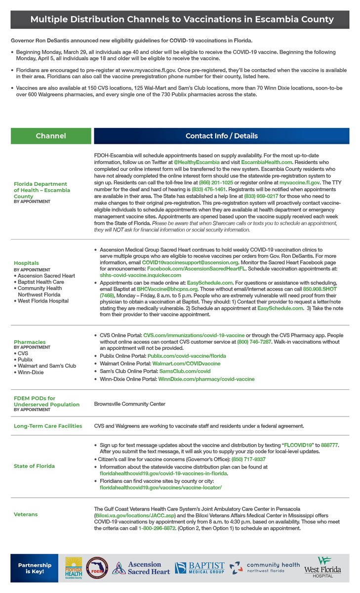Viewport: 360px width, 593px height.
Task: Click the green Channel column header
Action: coord(51,136)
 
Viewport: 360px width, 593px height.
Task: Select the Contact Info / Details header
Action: coord(221,136)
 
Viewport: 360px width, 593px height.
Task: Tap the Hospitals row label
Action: coord(27,263)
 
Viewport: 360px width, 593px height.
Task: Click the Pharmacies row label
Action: coord(30,342)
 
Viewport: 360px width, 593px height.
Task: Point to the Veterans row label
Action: coord(26,514)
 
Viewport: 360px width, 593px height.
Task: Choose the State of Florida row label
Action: coord(34,466)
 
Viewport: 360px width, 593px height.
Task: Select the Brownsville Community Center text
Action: coord(129,404)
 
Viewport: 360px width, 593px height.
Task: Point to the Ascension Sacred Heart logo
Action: coord(137,568)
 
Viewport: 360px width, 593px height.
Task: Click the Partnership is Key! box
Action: coord(35,568)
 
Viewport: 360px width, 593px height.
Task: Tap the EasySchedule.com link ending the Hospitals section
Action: coord(280,307)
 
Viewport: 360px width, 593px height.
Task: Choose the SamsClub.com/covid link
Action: coord(179,371)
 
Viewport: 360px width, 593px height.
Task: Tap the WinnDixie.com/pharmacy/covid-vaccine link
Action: coord(206,379)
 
